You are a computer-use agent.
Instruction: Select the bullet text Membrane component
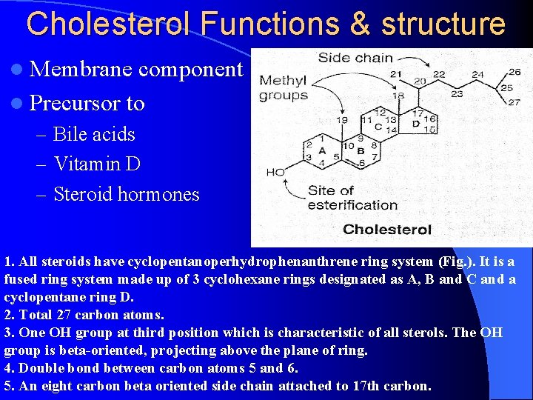137,69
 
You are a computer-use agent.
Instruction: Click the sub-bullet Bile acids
94,134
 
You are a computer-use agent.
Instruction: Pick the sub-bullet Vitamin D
97,164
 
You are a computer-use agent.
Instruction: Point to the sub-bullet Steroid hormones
127,194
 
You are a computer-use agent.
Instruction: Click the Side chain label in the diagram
355,58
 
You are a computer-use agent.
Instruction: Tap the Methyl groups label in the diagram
284,87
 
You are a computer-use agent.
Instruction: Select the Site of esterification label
352,198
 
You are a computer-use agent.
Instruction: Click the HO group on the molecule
275,172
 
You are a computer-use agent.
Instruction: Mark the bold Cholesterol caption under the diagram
387,229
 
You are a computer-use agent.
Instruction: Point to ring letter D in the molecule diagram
415,123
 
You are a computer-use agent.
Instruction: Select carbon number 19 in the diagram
341,119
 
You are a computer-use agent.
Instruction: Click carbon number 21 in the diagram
395,73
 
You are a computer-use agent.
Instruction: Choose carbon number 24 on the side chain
477,74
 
